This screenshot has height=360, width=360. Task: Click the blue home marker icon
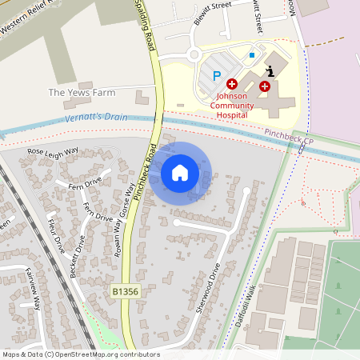pos(180,173)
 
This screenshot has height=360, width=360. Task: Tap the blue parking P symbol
pos(216,76)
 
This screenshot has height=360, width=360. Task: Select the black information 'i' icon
pos(270,71)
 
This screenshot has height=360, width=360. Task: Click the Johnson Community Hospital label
pos(233,104)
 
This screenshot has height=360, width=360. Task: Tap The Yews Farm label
pos(82,92)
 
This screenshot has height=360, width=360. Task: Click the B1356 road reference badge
pos(126,292)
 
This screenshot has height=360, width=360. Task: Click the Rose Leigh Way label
pos(53,151)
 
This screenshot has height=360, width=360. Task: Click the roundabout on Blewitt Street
pos(194,55)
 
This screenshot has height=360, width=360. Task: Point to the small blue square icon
pos(252,54)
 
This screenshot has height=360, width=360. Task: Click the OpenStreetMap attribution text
pos(81,354)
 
